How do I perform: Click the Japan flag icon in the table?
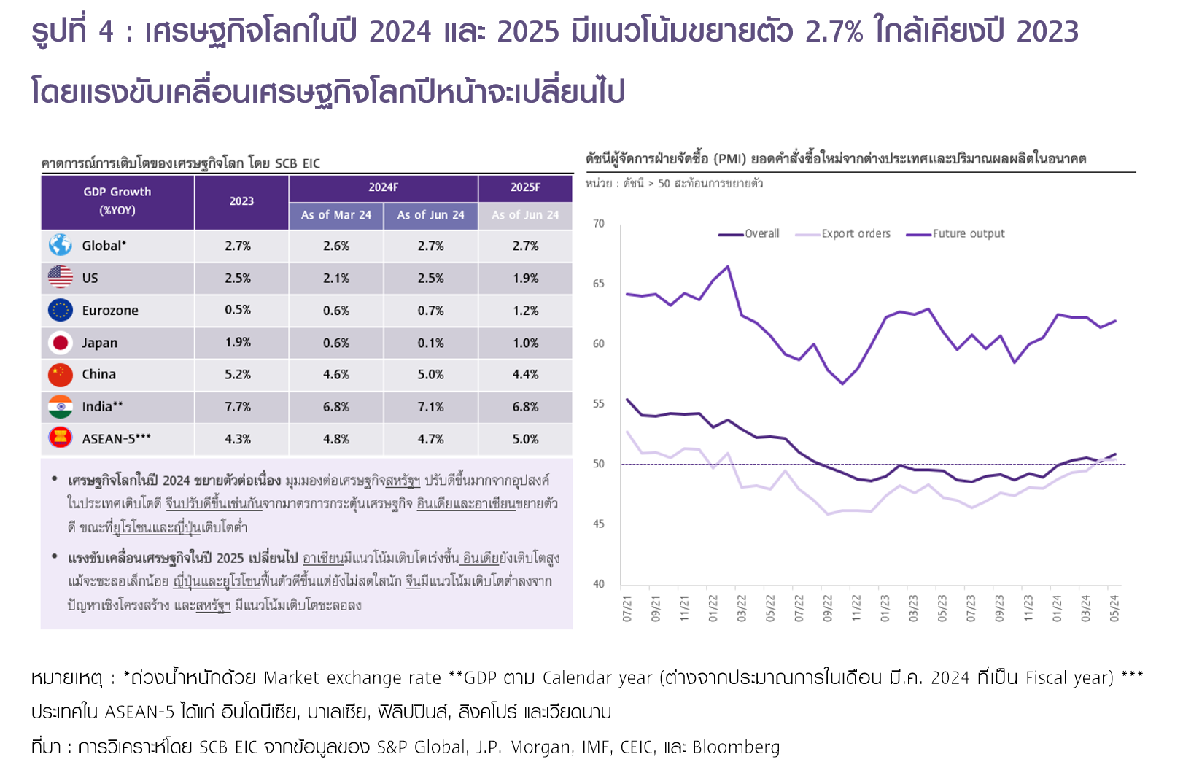[61, 343]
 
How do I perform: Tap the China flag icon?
[61, 375]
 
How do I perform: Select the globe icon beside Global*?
[61, 246]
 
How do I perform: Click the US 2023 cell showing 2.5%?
[238, 279]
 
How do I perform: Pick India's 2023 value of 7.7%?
[238, 407]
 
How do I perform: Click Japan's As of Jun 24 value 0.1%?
[430, 343]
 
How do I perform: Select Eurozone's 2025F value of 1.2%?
[525, 311]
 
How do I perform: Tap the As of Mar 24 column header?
[336, 215]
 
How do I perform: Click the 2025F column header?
[525, 187]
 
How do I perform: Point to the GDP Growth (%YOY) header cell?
[117, 201]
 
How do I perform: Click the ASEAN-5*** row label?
[116, 439]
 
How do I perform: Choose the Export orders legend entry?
[856, 234]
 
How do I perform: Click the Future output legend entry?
[968, 234]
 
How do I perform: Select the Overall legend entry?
[761, 234]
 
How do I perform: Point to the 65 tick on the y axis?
[599, 284]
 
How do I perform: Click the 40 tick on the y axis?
[599, 584]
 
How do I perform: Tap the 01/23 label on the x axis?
[885, 608]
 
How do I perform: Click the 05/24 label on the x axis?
[1114, 608]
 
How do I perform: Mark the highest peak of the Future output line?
[727, 267]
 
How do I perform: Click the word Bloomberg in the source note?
[736, 747]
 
